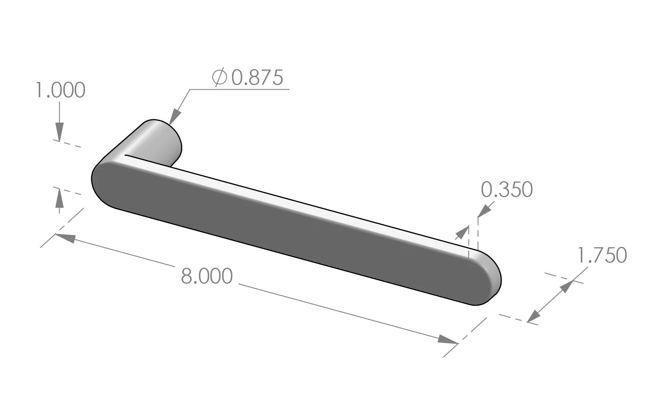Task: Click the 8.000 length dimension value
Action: pyautogui.click(x=206, y=276)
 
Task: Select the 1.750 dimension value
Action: pyautogui.click(x=602, y=255)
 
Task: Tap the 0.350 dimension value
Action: pyautogui.click(x=507, y=190)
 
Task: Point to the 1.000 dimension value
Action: pyautogui.click(x=60, y=90)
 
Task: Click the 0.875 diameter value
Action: pyautogui.click(x=257, y=77)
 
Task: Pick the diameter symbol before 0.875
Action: pyautogui.click(x=220, y=77)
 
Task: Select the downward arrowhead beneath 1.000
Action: pyautogui.click(x=59, y=133)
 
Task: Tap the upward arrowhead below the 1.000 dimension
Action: pyautogui.click(x=59, y=198)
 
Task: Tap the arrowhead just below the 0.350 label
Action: pyautogui.click(x=484, y=211)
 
